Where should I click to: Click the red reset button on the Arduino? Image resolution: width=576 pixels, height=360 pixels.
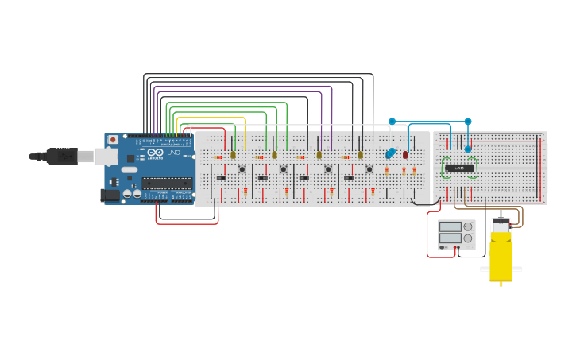coord(113,140)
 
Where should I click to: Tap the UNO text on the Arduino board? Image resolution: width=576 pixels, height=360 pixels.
coord(174,153)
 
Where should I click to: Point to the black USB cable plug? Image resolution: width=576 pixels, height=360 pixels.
coord(60,157)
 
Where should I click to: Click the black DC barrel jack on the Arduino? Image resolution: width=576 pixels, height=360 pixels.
coord(109,195)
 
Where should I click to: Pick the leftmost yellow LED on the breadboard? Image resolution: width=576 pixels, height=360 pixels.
coord(233,155)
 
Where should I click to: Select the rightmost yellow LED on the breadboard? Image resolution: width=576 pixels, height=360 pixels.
coord(360,155)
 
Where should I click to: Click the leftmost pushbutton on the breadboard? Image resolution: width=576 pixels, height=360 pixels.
coord(242,168)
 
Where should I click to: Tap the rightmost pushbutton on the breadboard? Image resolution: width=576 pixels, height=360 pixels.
coord(369,168)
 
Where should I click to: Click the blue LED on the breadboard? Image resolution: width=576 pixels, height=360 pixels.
coord(389,153)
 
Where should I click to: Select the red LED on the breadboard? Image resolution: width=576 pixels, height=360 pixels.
coord(405,155)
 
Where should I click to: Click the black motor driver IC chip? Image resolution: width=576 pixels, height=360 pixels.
coord(459,168)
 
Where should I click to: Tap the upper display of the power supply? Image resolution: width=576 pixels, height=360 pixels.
coord(450,226)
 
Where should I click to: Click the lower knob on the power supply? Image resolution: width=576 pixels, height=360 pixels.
coord(468,238)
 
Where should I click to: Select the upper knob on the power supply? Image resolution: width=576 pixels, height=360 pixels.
coord(468,226)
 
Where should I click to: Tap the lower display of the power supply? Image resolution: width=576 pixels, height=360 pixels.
coord(450,238)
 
